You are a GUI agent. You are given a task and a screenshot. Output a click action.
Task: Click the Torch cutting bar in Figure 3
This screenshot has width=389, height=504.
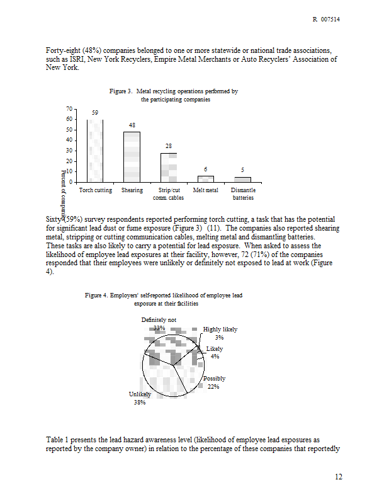[x=95, y=151]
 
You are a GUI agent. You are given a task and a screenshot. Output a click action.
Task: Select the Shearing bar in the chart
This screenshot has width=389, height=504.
[x=132, y=157]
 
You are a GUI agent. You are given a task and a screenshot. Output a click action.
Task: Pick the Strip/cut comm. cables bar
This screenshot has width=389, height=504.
[x=168, y=168]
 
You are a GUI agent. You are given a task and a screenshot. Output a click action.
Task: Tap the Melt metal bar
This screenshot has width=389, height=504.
[x=205, y=179]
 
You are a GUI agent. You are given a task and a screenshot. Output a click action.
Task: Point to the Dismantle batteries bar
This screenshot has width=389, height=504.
[x=242, y=180]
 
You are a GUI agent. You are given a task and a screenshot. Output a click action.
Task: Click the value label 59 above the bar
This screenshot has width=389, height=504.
[x=95, y=113]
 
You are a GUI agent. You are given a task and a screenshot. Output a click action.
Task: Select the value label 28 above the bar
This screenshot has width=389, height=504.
[x=169, y=146]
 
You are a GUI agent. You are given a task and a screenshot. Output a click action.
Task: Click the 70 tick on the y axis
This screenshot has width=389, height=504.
[x=69, y=109]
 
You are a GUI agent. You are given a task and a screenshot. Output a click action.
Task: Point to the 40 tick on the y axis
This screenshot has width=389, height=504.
[x=69, y=140]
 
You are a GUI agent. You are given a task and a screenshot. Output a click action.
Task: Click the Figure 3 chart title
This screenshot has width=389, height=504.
[x=174, y=96]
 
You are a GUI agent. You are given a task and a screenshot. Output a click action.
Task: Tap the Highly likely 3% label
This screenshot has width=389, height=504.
[x=220, y=333]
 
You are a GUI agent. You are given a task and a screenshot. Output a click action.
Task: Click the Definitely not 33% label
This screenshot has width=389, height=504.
[x=159, y=324]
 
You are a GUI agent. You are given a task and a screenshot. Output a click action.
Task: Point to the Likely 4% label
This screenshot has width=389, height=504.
[x=215, y=353]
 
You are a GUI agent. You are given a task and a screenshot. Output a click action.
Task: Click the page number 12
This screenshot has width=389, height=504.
[x=338, y=477]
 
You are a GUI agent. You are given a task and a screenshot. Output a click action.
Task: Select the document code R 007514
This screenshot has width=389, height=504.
[x=327, y=20]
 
